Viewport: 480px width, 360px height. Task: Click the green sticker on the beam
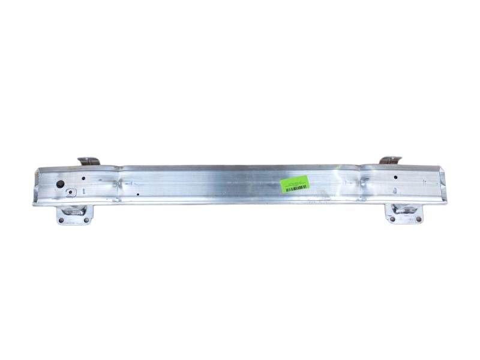click(295, 184)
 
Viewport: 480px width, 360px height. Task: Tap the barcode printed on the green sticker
click(296, 188)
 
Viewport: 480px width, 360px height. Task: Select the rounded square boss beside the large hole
click(71, 193)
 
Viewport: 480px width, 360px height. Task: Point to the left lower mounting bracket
click(73, 214)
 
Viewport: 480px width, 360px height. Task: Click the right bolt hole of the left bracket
click(86, 220)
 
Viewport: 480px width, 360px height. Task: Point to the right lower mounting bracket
click(406, 213)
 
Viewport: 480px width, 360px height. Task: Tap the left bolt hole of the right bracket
click(392, 219)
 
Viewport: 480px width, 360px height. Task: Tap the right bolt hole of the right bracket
click(419, 219)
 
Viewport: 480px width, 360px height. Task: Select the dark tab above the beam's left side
click(89, 161)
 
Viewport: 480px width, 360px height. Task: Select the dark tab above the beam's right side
click(390, 160)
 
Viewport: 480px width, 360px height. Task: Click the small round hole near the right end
click(396, 177)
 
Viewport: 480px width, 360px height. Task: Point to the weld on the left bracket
click(75, 209)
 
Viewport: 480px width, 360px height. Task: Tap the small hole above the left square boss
click(83, 178)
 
